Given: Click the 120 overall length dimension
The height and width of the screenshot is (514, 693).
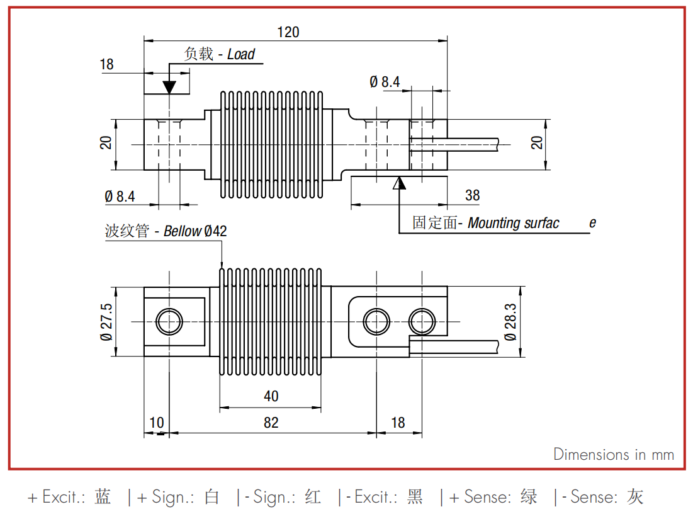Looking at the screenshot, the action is tap(288, 32).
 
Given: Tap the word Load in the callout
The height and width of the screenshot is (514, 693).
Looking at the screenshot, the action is tap(241, 54).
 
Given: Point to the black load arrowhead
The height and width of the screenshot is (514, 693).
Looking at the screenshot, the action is tap(169, 87).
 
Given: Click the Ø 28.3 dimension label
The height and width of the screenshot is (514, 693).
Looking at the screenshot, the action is tap(510, 322).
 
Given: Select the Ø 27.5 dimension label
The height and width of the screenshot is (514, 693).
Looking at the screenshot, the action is tap(106, 322).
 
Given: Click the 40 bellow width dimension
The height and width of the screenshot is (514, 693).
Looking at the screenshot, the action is tap(271, 396).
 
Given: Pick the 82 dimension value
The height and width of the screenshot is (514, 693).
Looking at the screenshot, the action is tap(271, 423).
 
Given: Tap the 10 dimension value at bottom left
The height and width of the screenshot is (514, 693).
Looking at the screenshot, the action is tap(157, 423).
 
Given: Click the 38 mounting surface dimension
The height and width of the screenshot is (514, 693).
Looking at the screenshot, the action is tap(472, 195).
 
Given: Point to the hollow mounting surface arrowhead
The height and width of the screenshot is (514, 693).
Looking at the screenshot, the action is tap(400, 183).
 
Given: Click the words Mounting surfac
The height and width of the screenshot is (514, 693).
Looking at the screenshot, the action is tap(513, 223).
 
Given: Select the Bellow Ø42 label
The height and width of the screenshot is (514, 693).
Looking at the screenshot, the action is tap(195, 231).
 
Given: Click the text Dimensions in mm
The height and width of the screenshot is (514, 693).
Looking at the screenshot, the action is tap(614, 454).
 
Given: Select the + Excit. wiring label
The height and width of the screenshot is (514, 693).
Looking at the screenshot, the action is tap(69, 497).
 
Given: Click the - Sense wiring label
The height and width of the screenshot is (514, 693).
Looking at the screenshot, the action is tap(602, 497).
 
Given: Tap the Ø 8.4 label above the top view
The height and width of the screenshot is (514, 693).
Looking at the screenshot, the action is tap(385, 82).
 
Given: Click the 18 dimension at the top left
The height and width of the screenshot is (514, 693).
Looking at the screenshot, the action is tap(106, 64).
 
